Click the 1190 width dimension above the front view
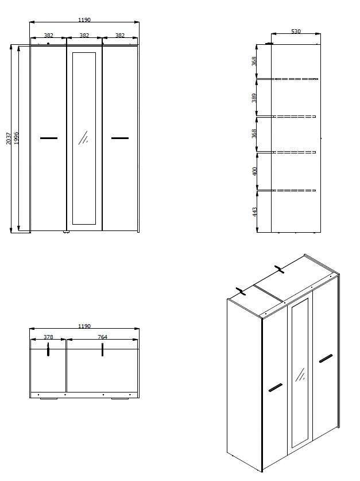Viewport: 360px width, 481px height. [x=84, y=20]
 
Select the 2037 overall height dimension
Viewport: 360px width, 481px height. [x=9, y=138]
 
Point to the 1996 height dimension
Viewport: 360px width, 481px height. [x=17, y=138]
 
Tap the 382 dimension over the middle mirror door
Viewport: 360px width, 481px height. [x=84, y=36]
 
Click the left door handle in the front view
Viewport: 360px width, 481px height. [x=49, y=138]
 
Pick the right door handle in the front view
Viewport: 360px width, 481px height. [x=120, y=138]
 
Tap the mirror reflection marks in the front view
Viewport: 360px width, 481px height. [x=83, y=137]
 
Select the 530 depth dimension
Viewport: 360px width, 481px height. [x=296, y=32]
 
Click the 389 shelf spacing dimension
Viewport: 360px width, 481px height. [x=254, y=98]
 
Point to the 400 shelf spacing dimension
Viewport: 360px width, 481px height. [x=254, y=171]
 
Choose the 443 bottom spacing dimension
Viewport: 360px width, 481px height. [x=254, y=211]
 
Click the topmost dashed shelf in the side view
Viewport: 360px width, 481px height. [x=296, y=78]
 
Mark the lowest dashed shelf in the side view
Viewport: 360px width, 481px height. [x=295, y=190]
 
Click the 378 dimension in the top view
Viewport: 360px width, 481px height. [x=49, y=337]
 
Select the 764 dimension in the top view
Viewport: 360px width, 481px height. [x=103, y=337]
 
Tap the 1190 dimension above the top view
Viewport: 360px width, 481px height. [x=84, y=326]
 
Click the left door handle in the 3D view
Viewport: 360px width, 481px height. [x=275, y=387]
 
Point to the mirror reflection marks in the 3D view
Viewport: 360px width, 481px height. [x=299, y=375]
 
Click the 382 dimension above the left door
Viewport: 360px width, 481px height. [x=49, y=36]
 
